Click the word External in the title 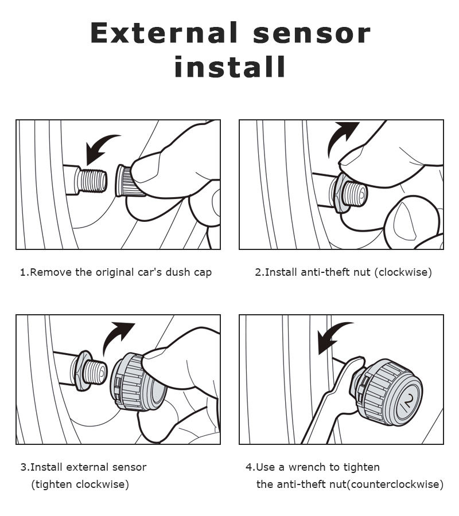tap(164, 33)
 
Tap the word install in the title tap(229, 67)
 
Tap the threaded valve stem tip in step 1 tap(92, 181)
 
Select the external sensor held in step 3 tap(138, 382)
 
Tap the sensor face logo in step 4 tap(407, 401)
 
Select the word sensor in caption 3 tap(129, 467)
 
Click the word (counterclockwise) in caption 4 tap(395, 484)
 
